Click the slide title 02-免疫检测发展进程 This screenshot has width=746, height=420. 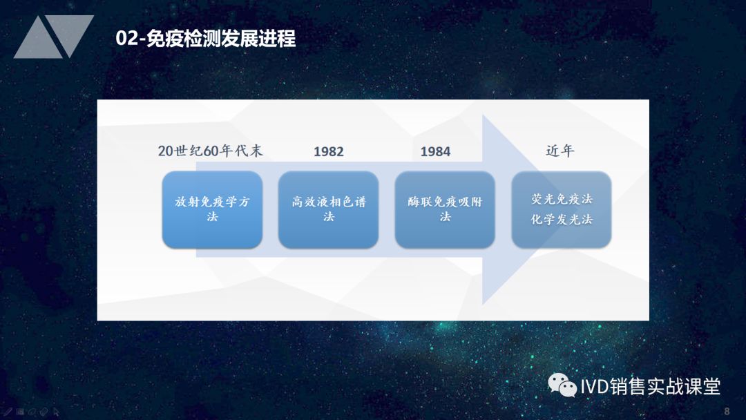point(206,39)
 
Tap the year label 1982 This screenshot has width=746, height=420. point(328,151)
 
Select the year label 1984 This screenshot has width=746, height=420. point(435,151)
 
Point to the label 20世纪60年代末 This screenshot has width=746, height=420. point(210,151)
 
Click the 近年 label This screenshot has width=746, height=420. point(560,151)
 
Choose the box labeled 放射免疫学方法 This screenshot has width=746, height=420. point(212,209)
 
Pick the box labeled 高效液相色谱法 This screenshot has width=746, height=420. point(328,209)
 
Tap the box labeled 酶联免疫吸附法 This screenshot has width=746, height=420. point(445,209)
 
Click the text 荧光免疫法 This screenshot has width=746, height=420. point(562,199)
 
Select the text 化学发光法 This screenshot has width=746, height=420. point(562,219)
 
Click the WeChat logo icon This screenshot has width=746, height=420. point(562,385)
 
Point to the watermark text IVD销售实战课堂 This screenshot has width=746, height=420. point(651,386)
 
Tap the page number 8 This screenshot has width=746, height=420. point(727,411)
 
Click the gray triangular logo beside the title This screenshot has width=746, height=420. point(53,37)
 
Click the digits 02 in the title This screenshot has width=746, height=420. point(126,39)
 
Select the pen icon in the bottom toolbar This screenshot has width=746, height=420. point(7,412)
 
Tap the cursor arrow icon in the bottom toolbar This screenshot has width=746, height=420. point(56,412)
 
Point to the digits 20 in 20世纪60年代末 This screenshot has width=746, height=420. point(166,151)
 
